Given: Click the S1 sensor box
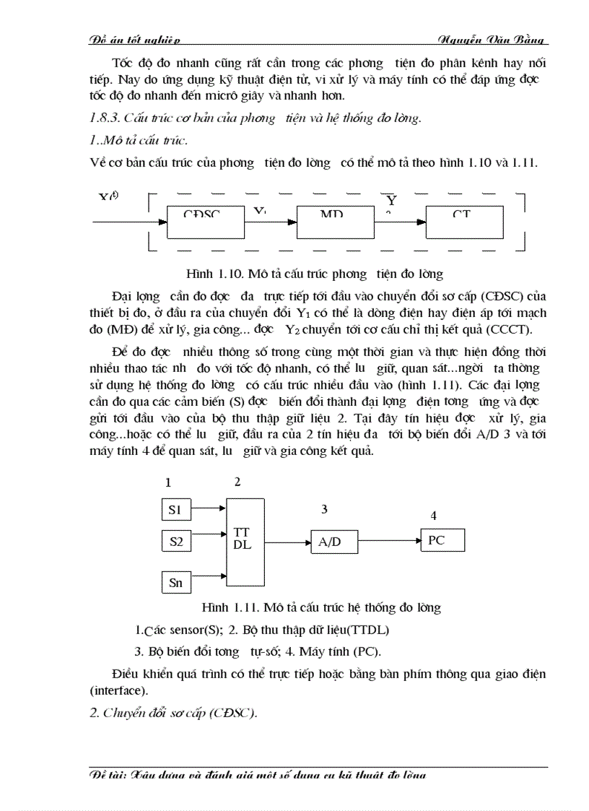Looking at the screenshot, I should point(175,511).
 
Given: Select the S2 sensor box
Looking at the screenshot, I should point(175,541).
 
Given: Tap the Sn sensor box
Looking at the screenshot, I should point(175,582).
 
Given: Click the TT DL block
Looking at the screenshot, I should point(243,539).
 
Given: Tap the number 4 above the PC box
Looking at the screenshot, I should point(433,516).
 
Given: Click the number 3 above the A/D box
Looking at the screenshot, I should point(324,509).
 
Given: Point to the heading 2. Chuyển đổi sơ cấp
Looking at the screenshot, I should point(173,713).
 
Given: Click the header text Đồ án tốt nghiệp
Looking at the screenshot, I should point(134,39).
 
